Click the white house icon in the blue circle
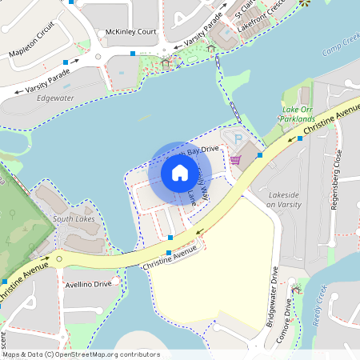[180, 172]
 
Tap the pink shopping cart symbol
[235, 159]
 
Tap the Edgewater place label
[55, 98]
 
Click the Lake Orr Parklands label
[297, 114]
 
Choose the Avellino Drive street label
[88, 284]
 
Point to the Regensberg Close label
[335, 180]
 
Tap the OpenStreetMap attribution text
[104, 354]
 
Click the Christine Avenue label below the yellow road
[168, 258]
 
